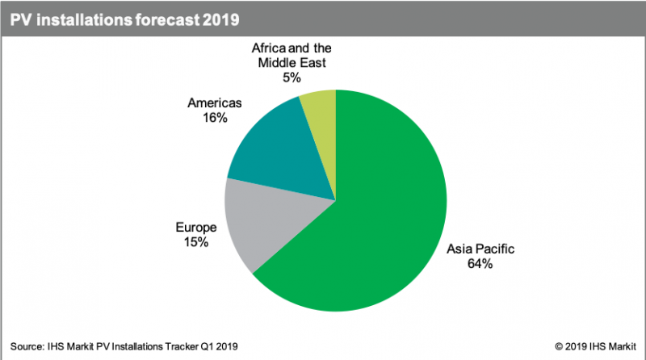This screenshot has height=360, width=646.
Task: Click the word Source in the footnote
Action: pyautogui.click(x=28, y=346)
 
